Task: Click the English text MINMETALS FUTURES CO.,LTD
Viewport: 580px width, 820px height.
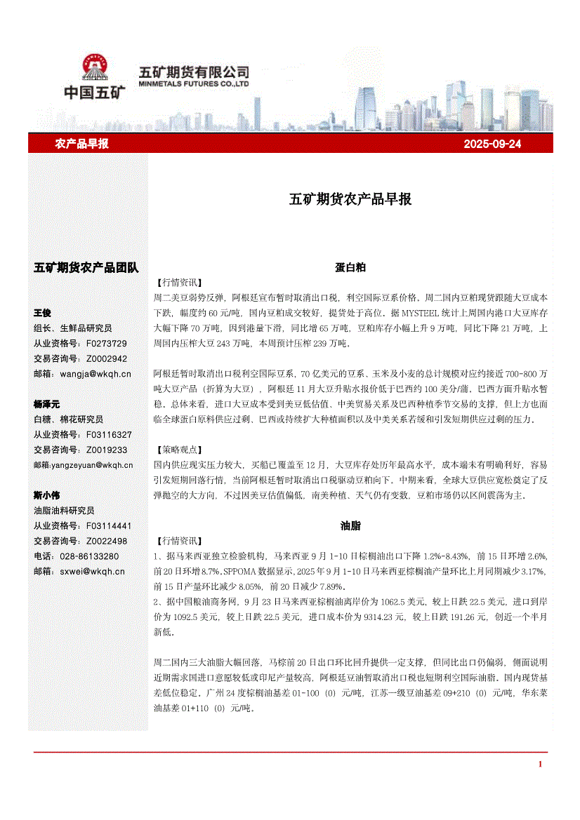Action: click(195, 83)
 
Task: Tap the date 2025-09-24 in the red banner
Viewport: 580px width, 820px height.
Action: click(492, 144)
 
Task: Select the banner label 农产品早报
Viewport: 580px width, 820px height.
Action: click(81, 144)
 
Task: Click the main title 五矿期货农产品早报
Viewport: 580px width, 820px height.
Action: click(350, 199)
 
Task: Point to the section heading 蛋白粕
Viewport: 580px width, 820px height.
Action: click(350, 267)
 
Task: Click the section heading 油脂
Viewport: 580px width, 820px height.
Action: click(350, 525)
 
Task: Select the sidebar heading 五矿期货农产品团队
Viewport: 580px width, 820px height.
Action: click(86, 267)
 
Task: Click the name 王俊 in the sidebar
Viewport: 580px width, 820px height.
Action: click(42, 313)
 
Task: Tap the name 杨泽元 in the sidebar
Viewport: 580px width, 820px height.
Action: click(46, 405)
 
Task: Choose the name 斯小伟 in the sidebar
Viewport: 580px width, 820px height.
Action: click(46, 495)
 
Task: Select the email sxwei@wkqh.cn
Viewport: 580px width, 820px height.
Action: click(92, 571)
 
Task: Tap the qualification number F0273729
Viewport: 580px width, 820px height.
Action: click(107, 344)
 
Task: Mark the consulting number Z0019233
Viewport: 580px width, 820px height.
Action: click(107, 450)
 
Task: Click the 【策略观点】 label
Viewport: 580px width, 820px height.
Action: click(178, 450)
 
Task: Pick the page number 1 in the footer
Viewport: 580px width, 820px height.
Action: click(539, 764)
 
